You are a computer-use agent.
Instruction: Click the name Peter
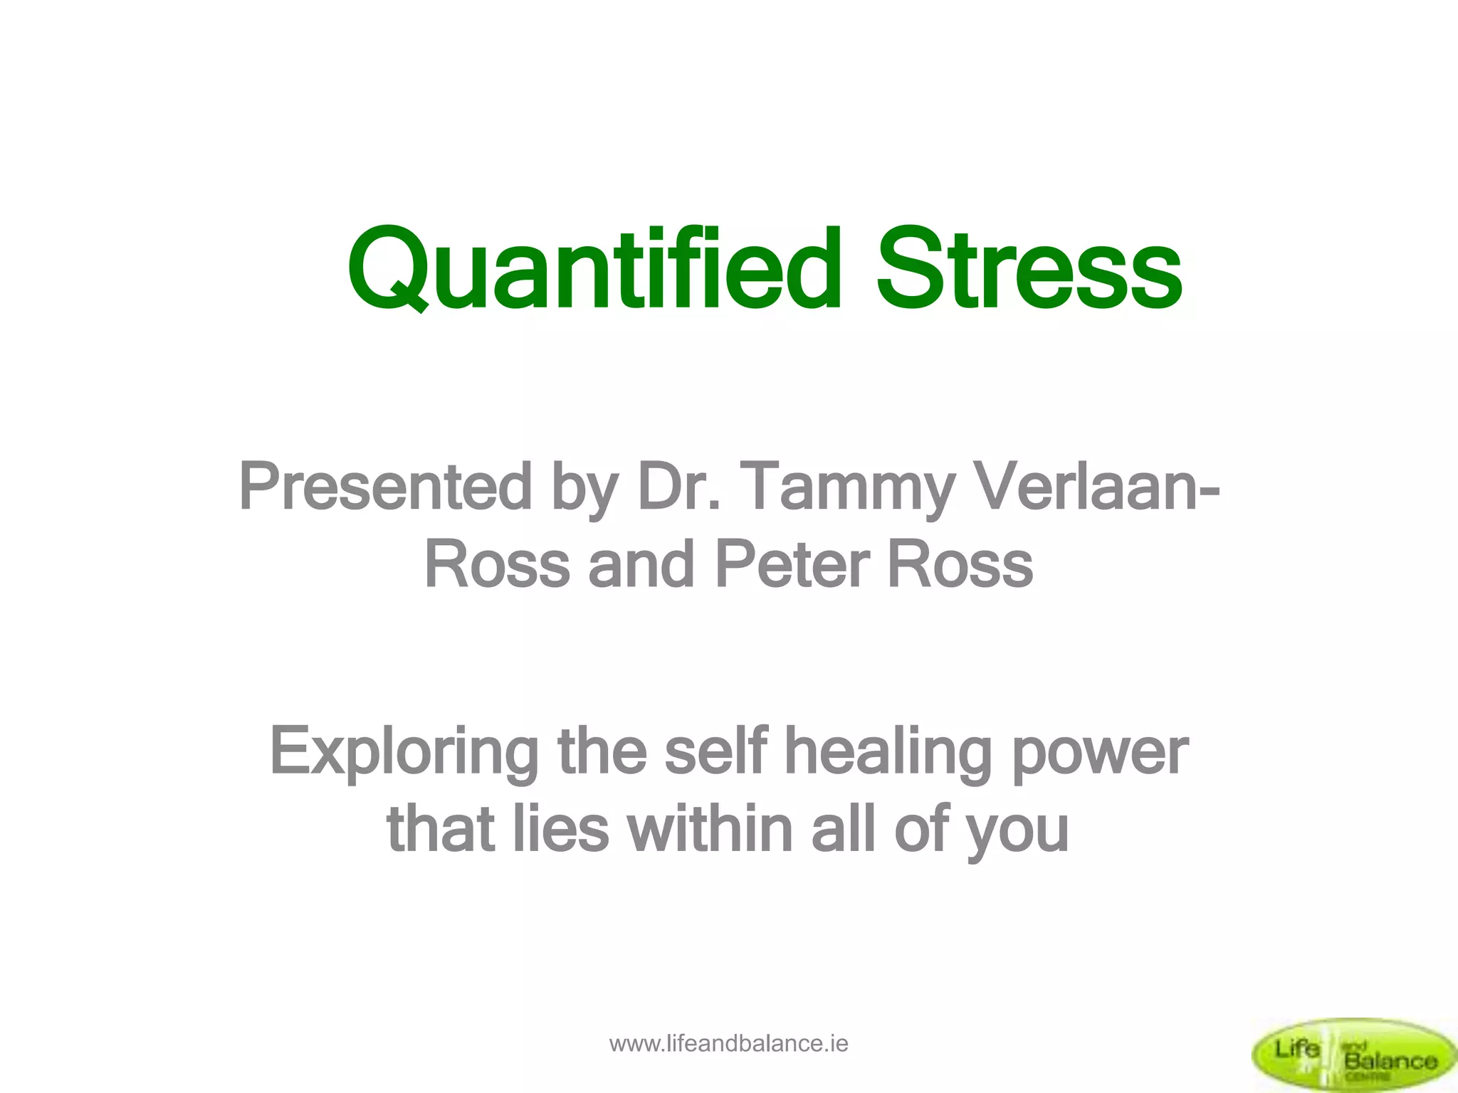click(x=792, y=564)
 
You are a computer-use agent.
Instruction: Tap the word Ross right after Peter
click(x=960, y=564)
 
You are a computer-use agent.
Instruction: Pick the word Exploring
click(x=404, y=753)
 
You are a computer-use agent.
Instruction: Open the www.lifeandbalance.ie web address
click(x=728, y=1044)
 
